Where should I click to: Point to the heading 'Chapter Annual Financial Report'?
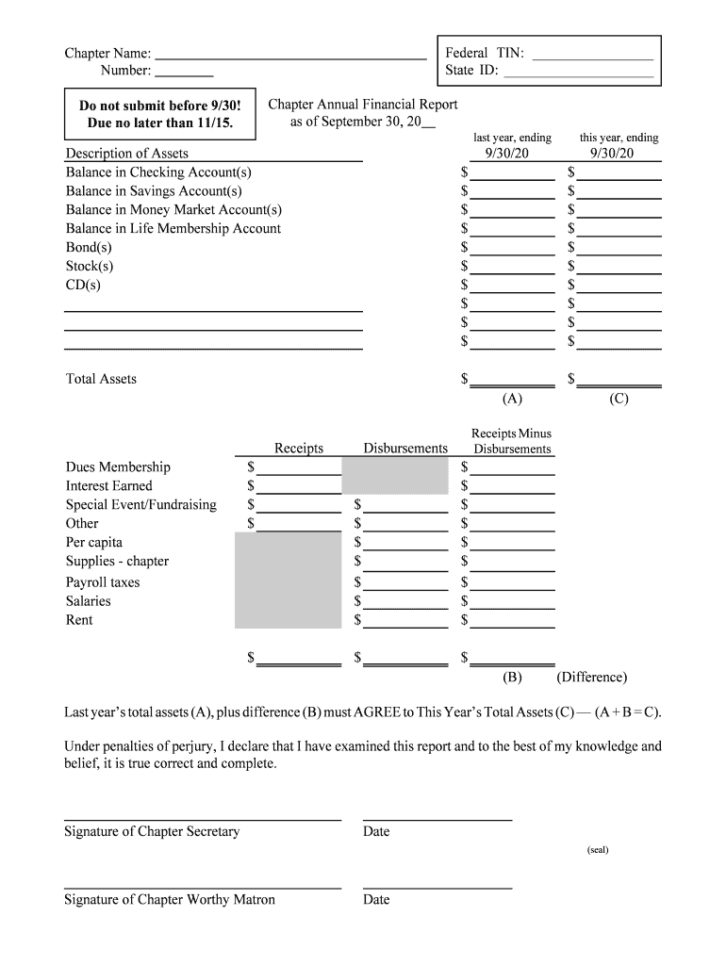point(363,105)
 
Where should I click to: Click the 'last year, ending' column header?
point(512,138)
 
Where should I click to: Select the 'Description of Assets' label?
point(127,154)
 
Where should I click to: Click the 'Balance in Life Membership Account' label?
point(173,229)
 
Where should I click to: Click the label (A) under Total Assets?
point(512,399)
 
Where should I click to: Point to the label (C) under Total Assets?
point(619,399)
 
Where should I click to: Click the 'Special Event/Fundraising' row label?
point(141,505)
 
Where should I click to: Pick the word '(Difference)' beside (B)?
point(591,677)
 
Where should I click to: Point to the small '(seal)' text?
point(598,850)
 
